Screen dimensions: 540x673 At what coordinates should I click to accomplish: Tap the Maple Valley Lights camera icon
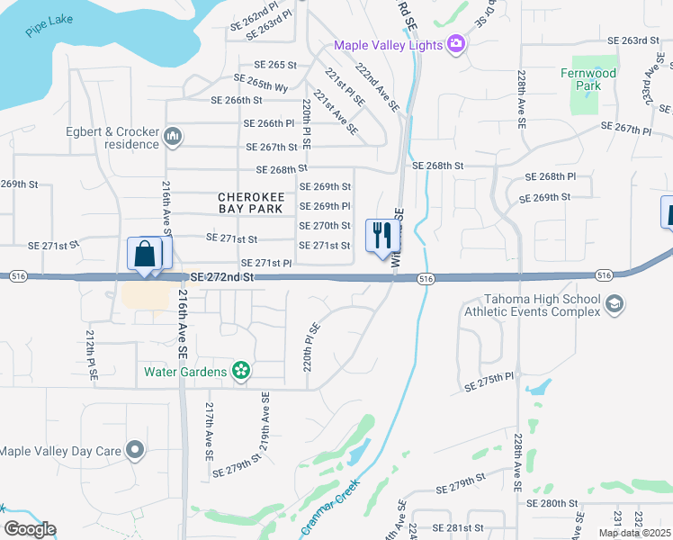pyautogui.click(x=456, y=44)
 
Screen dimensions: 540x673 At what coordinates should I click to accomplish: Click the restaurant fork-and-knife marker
pyautogui.click(x=382, y=236)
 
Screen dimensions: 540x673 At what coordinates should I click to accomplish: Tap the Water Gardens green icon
pyautogui.click(x=240, y=370)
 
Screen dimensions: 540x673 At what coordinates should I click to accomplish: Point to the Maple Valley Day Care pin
pyautogui.click(x=135, y=449)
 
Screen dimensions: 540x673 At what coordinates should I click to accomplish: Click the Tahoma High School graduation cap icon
pyautogui.click(x=615, y=304)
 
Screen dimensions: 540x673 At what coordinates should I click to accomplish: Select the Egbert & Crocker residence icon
pyautogui.click(x=173, y=137)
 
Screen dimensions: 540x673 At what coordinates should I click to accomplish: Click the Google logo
pyautogui.click(x=30, y=529)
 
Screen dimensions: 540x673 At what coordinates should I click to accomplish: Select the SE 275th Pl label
pyautogui.click(x=489, y=384)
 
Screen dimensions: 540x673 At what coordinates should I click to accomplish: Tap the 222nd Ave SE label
pyautogui.click(x=377, y=87)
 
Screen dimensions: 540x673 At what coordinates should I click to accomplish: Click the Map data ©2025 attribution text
pyautogui.click(x=634, y=533)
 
